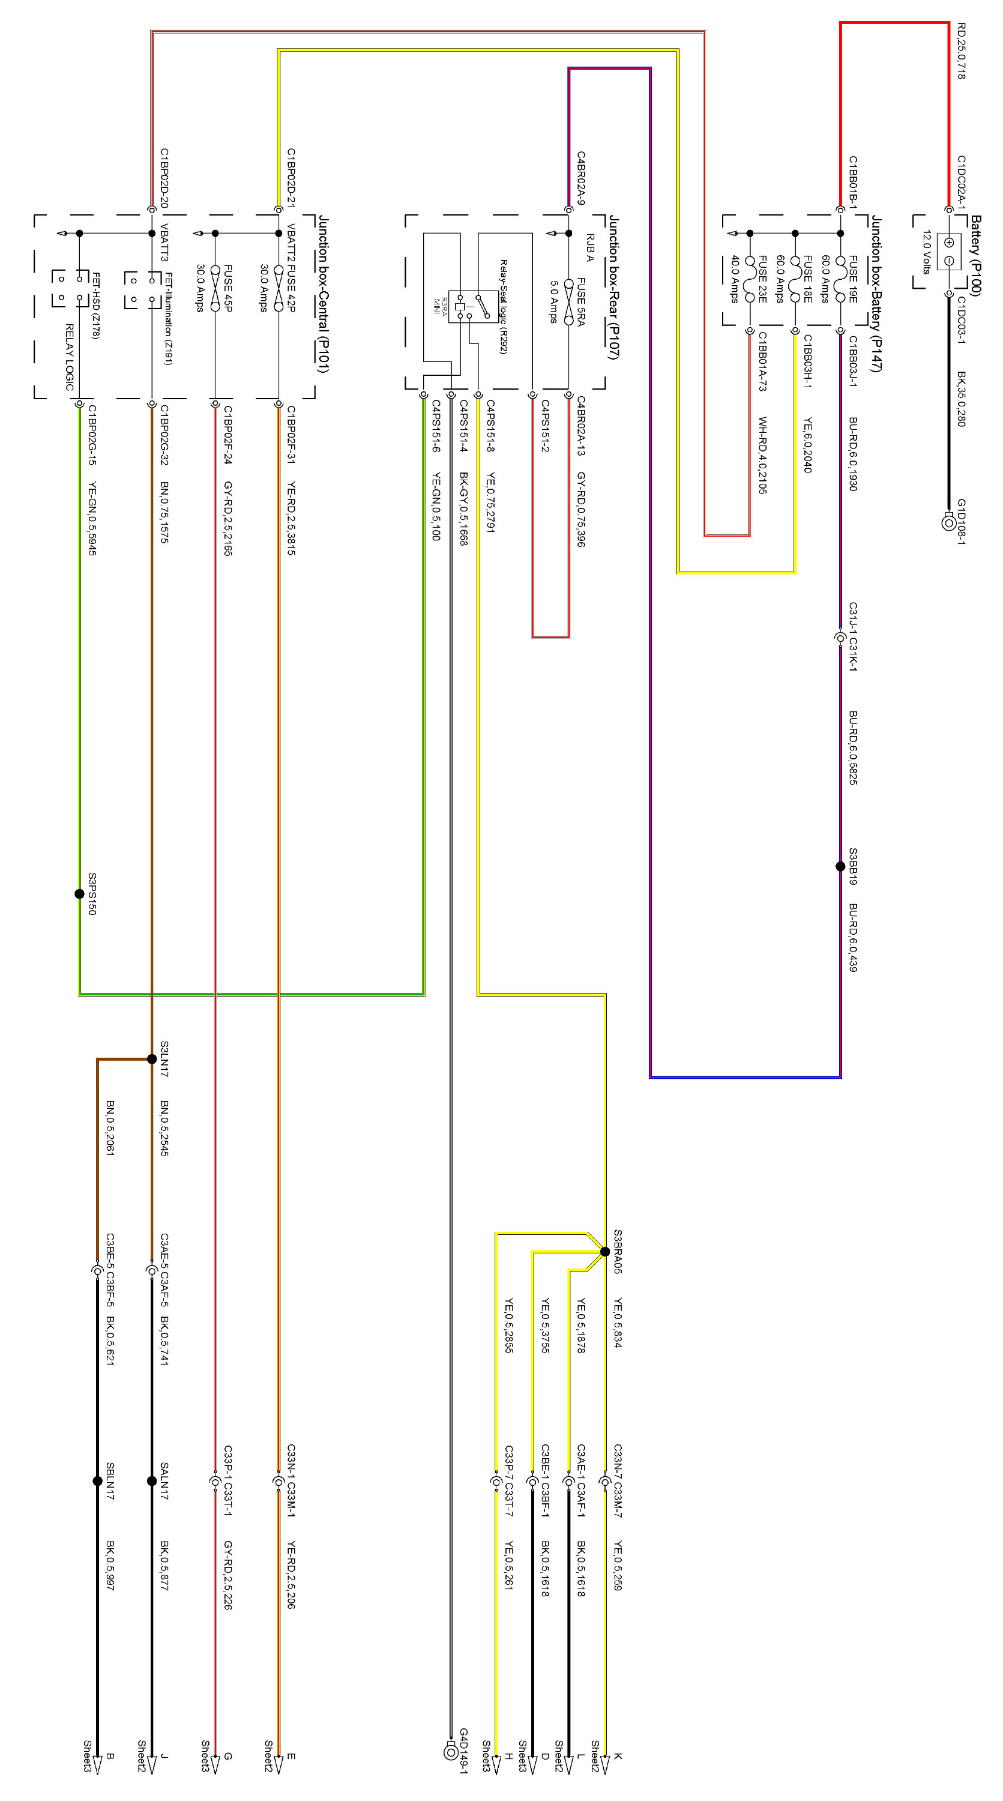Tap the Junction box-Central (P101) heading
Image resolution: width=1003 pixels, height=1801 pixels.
click(323, 294)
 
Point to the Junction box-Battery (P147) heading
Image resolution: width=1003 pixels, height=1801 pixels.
click(876, 294)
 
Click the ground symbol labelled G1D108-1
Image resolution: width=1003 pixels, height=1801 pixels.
click(948, 522)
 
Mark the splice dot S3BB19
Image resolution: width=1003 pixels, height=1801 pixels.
click(840, 866)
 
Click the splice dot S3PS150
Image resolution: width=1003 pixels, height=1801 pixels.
click(80, 893)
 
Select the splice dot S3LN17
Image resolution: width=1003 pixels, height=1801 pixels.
click(152, 1059)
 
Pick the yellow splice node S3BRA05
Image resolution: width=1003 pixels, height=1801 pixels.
click(605, 1252)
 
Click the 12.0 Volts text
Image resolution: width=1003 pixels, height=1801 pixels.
click(927, 252)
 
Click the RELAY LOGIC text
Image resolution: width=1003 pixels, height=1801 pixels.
click(69, 357)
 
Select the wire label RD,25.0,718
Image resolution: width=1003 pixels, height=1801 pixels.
click(961, 50)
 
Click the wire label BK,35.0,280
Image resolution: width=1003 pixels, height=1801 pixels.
click(961, 399)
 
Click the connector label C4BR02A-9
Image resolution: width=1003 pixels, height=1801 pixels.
click(581, 178)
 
